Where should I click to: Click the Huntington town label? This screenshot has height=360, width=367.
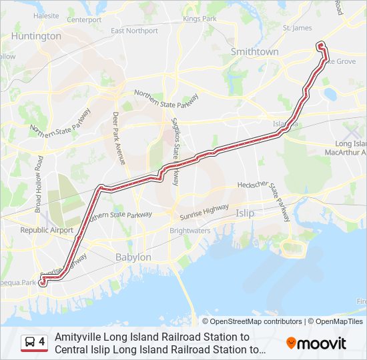tap(36, 36)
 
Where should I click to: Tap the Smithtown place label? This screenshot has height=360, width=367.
tap(254, 51)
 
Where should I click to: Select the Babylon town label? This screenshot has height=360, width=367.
tap(133, 257)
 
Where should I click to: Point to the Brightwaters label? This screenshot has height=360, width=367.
tap(190, 231)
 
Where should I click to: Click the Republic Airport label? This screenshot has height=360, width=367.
tap(47, 230)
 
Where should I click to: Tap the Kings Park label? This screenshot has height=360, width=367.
tap(200, 19)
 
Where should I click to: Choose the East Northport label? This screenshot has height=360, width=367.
tap(134, 31)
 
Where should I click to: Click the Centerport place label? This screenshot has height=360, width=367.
tap(84, 20)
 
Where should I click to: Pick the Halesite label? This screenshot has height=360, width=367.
tap(46, 14)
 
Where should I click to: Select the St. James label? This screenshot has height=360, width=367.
tap(297, 28)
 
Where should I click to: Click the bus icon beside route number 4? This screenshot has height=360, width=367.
tap(31, 343)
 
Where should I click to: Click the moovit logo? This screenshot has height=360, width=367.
tap(316, 343)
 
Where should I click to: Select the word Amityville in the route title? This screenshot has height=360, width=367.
tap(79, 337)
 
